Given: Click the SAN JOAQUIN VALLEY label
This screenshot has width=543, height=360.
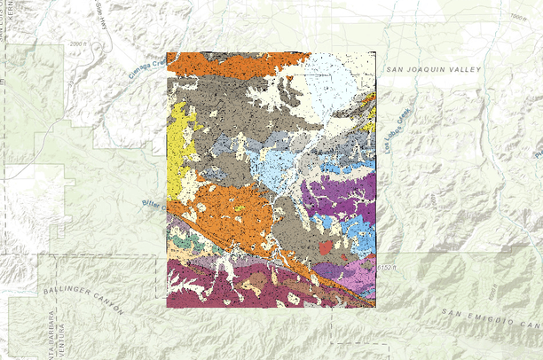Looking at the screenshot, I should click(433, 69).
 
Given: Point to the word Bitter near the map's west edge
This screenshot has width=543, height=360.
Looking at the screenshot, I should click(153, 204).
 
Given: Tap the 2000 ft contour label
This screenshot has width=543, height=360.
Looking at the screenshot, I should click(81, 43).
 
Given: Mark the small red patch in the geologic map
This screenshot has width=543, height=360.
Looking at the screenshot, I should click(326, 247).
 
